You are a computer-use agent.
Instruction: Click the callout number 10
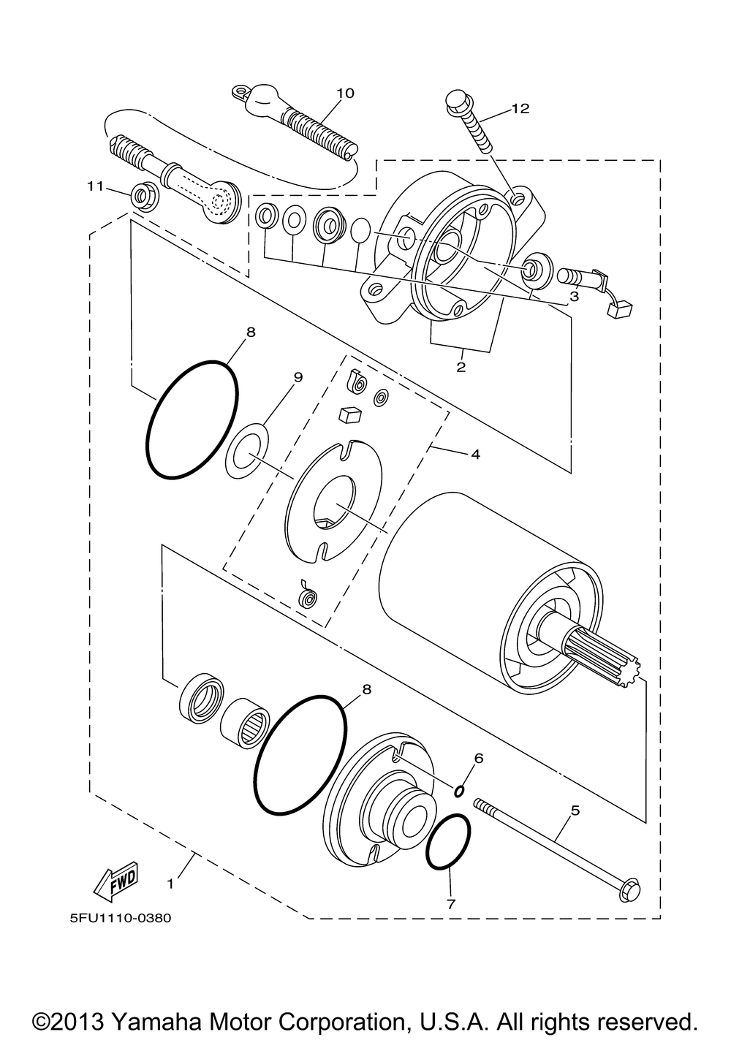pyautogui.click(x=345, y=93)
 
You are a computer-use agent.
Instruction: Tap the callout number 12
pyautogui.click(x=520, y=109)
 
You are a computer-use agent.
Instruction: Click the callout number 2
pyautogui.click(x=461, y=367)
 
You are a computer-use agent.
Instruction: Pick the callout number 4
pyautogui.click(x=475, y=455)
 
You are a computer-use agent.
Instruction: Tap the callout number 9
pyautogui.click(x=298, y=377)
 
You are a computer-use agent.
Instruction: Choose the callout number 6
pyautogui.click(x=479, y=758)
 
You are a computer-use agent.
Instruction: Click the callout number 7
pyautogui.click(x=450, y=904)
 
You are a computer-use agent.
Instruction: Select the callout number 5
pyautogui.click(x=575, y=810)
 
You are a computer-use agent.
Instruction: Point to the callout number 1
pyautogui.click(x=170, y=884)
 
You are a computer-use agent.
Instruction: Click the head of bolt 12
pyautogui.click(x=457, y=99)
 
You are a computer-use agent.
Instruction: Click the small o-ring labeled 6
pyautogui.click(x=460, y=790)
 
